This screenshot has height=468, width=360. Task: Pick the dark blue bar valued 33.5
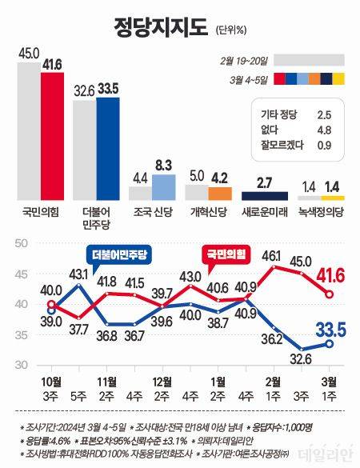pyautogui.click(x=108, y=149)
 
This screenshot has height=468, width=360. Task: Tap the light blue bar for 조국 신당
pyautogui.click(x=164, y=186)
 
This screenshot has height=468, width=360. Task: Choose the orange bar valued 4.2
pyautogui.click(x=220, y=193)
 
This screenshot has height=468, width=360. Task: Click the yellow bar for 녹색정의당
pyautogui.click(x=333, y=197)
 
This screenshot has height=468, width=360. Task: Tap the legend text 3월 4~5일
pyautogui.click(x=248, y=78)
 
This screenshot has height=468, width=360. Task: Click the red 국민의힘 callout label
pyautogui.click(x=225, y=254)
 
